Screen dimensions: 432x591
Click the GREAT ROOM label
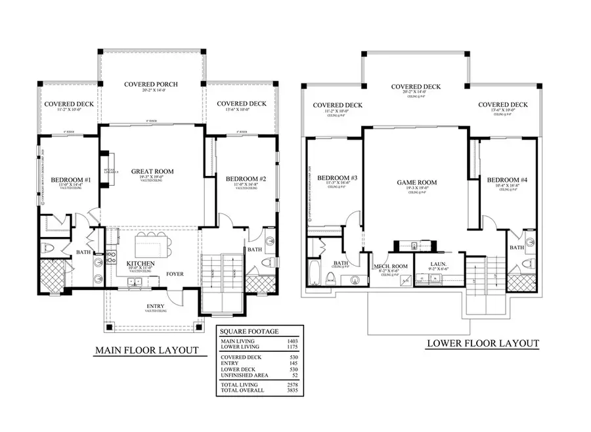(152, 171)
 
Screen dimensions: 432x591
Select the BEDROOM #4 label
(503, 179)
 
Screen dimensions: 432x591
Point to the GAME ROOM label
(417, 183)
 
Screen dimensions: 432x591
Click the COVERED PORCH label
(151, 84)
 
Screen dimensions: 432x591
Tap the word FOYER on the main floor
(174, 274)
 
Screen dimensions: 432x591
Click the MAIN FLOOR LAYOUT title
(146, 350)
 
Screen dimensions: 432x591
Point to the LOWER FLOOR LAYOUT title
(483, 343)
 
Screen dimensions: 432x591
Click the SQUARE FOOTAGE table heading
(250, 331)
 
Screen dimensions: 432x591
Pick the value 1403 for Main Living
(292, 341)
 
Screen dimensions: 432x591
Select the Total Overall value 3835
(292, 390)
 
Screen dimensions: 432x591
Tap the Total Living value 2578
(292, 383)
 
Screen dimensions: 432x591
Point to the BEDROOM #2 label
(245, 179)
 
